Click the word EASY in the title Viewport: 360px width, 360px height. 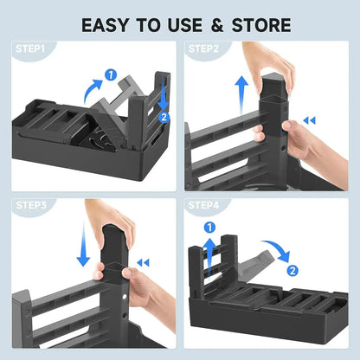pos(109,23)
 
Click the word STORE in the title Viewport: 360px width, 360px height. pos(259,23)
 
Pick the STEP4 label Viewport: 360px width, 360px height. pos(204,208)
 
